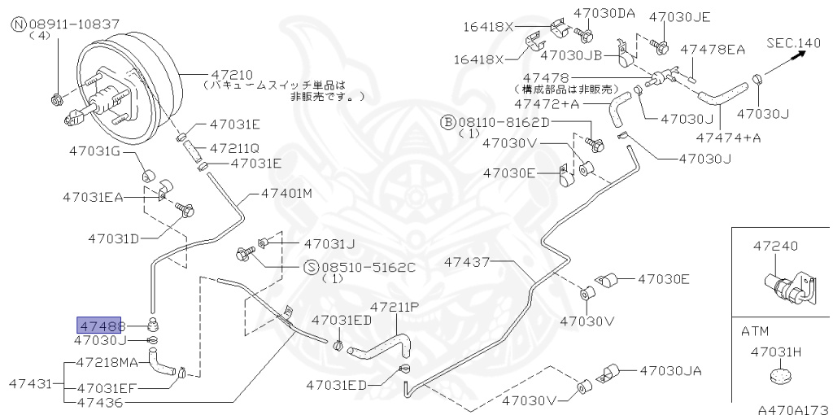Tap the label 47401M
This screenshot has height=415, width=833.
[286, 194]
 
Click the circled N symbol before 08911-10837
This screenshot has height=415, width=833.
[19, 25]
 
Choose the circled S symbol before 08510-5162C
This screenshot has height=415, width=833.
[311, 266]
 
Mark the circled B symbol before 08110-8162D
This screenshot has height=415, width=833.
[447, 122]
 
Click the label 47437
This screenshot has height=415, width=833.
[467, 262]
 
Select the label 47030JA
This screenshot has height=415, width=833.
[669, 371]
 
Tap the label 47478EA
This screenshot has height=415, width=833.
[713, 49]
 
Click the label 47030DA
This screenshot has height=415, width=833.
[604, 13]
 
